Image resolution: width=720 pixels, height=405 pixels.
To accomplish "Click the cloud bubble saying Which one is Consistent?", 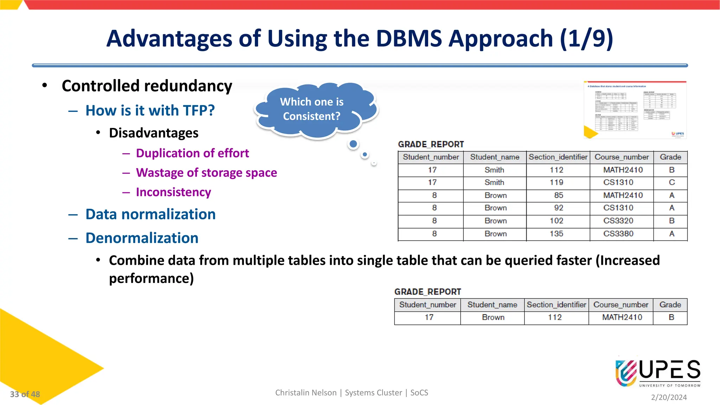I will click(312, 109).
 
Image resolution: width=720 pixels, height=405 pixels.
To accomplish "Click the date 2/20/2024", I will click(669, 397).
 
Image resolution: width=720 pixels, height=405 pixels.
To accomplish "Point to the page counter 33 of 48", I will click(25, 394).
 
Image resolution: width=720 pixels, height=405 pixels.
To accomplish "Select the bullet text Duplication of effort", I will click(192, 153).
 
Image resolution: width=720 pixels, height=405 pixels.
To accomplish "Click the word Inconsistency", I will click(173, 192).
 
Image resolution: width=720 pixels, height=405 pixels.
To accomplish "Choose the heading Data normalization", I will click(150, 214).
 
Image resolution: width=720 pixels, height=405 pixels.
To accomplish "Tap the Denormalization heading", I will click(142, 238).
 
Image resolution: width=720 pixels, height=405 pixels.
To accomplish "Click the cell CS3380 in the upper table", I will click(618, 234).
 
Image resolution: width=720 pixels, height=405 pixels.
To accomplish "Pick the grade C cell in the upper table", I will click(671, 182).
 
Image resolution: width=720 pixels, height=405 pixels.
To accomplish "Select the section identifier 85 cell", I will click(558, 195).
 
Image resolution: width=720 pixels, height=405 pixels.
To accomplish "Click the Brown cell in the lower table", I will click(493, 317).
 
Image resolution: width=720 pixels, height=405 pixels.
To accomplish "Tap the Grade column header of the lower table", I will click(670, 305).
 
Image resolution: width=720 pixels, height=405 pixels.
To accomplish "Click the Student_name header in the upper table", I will click(495, 157).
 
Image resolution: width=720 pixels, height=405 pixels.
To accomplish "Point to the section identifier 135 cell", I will click(556, 234).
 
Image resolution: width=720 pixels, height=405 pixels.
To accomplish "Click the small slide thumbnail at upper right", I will click(635, 110).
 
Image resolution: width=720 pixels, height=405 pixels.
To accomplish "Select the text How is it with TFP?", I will click(150, 111).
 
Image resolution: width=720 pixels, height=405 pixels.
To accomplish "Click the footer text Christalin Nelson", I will click(306, 393).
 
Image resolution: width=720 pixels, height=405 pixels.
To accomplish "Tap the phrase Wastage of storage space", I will click(206, 173).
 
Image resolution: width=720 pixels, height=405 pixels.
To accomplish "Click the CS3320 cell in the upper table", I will click(618, 221).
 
